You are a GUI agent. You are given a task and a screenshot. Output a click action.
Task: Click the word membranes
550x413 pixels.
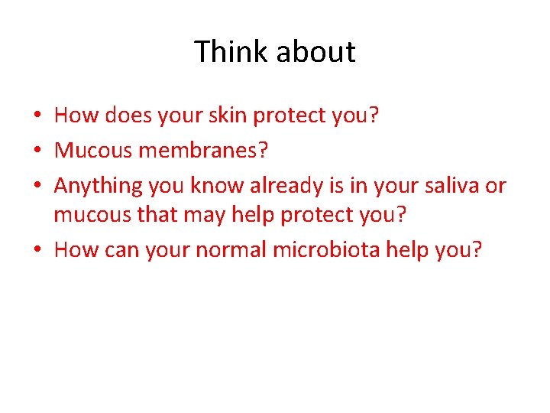(x=203, y=151)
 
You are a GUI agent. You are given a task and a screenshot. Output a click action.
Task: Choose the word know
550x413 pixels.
(x=220, y=186)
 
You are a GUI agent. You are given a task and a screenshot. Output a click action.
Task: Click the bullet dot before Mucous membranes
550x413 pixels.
(x=37, y=151)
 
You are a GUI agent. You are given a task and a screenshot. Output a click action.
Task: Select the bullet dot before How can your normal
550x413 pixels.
(x=37, y=250)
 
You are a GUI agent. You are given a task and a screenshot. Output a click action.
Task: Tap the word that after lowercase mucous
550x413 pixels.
(x=158, y=215)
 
